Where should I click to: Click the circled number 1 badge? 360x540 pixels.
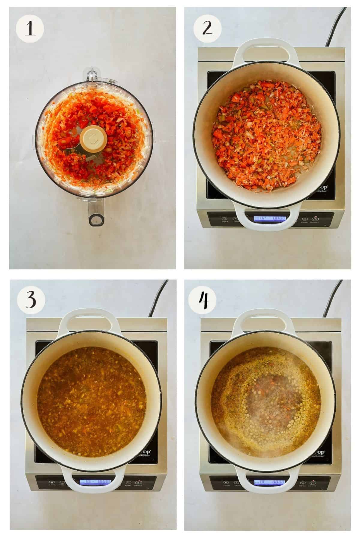click(30, 29)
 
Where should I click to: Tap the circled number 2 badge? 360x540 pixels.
click(207, 29)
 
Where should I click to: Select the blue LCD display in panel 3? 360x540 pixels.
click(95, 491)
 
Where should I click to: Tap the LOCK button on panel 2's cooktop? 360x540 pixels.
click(225, 220)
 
